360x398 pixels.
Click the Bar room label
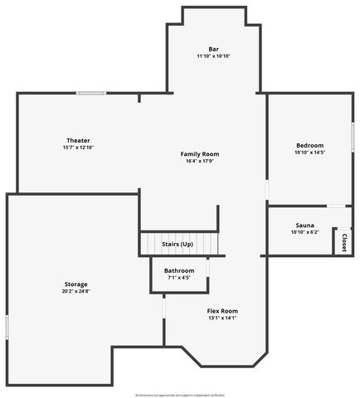coord(213,48)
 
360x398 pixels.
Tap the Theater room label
coord(79,140)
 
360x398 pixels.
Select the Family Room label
coord(200,154)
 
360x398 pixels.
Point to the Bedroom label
coord(309,145)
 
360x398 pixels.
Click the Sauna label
coord(304,226)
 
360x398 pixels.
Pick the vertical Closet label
coord(343,242)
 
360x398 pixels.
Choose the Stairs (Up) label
coord(177,245)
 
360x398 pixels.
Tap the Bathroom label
coord(179,270)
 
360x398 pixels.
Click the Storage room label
coord(75,284)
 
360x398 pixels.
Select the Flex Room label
coord(222,311)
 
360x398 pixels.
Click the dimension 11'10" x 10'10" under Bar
coord(213,56)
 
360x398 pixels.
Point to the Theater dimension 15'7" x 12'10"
coord(79,148)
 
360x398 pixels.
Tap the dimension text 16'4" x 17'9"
coord(200,163)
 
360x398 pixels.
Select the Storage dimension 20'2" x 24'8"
coord(75,292)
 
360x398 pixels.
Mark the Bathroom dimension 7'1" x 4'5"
coord(179,278)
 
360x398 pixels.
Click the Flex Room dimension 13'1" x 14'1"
coord(222,318)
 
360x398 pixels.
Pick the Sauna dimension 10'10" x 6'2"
coord(304,233)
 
